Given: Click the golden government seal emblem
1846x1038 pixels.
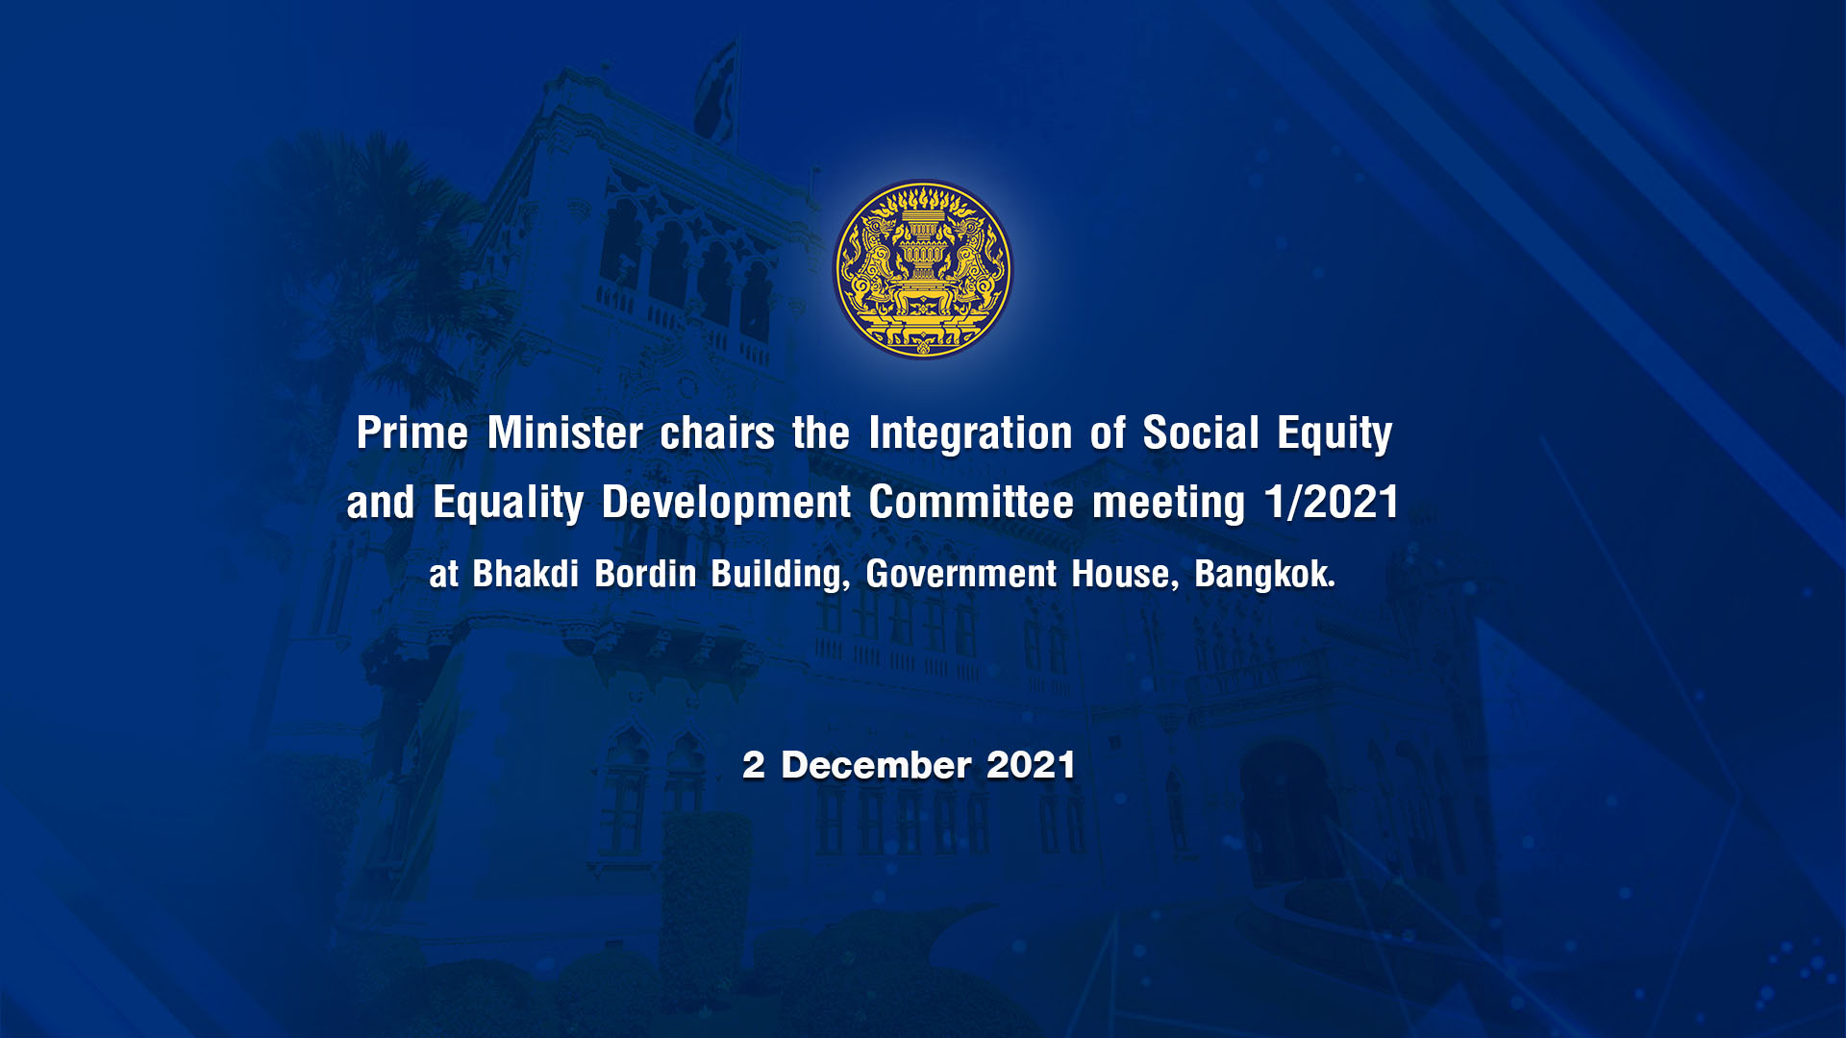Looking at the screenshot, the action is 922,269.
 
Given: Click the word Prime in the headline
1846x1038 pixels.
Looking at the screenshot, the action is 412,432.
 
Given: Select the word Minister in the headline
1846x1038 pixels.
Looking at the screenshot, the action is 565,432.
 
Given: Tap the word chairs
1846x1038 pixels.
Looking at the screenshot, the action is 717,432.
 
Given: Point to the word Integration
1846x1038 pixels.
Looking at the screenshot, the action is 970,434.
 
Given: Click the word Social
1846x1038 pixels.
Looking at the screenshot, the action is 1201,432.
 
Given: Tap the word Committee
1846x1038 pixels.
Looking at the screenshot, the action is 971,502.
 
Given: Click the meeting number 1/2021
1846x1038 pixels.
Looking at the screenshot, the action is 1332,502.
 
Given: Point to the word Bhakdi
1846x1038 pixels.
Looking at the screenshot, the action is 525,574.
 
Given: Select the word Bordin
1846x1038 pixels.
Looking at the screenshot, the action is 645,574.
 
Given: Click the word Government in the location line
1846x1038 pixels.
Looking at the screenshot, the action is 960,574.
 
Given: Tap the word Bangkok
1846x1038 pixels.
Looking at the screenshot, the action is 1264,575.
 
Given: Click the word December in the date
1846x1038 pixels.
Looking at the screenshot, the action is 876,765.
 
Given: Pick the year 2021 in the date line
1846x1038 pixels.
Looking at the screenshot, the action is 1031,765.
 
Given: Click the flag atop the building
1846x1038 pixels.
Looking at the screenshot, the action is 716,91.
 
